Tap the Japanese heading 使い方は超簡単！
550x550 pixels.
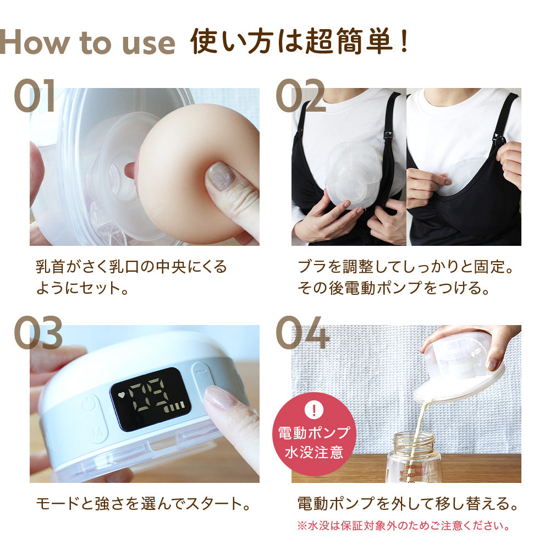pyautogui.click(x=300, y=43)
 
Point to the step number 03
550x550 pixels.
pyautogui.click(x=38, y=333)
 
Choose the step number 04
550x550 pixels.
pyautogui.click(x=302, y=333)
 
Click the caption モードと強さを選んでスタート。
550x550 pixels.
pyautogui.click(x=144, y=503)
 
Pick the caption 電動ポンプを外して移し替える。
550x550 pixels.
pyautogui.click(x=407, y=503)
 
